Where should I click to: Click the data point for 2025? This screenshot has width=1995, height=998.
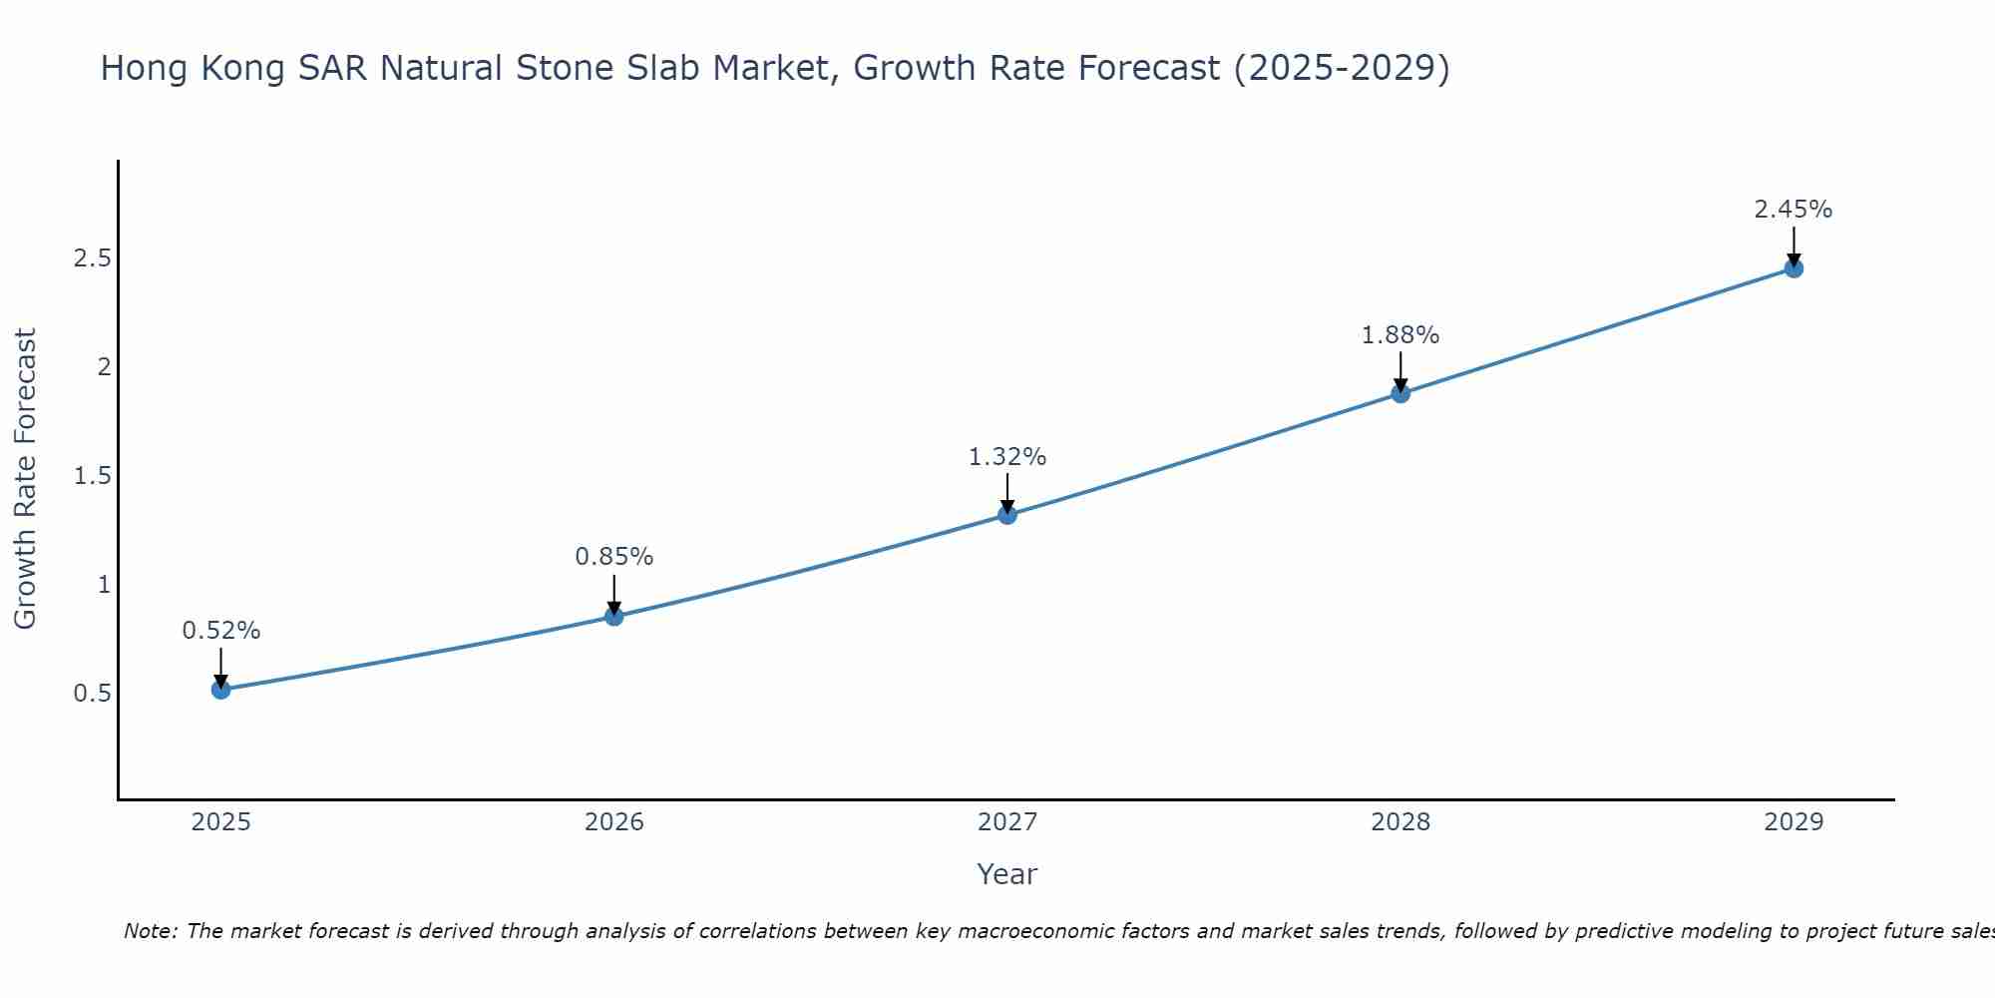pos(221,689)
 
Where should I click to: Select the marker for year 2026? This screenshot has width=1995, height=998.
pos(614,617)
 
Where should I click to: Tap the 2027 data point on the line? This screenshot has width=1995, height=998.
pos(1007,515)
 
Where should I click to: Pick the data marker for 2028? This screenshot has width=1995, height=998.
pos(1400,393)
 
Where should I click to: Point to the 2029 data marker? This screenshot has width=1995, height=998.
pos(1794,268)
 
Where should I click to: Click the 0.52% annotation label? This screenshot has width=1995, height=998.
pos(221,631)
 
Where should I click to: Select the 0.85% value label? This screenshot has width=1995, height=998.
pos(614,557)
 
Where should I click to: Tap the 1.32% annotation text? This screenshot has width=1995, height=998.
pos(1007,457)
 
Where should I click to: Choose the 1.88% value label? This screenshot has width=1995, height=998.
pos(1400,335)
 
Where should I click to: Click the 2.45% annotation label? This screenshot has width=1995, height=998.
pos(1794,210)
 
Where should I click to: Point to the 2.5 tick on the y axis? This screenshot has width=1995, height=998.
pos(92,258)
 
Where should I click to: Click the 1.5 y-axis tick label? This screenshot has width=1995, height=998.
pos(92,476)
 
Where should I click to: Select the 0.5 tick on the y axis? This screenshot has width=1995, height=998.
pos(92,693)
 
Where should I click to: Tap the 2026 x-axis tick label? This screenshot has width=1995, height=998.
pos(614,822)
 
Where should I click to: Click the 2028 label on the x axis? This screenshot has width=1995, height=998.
pos(1400,822)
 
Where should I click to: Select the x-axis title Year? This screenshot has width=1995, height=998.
pos(1007,874)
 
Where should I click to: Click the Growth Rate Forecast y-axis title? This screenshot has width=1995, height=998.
pos(26,479)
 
